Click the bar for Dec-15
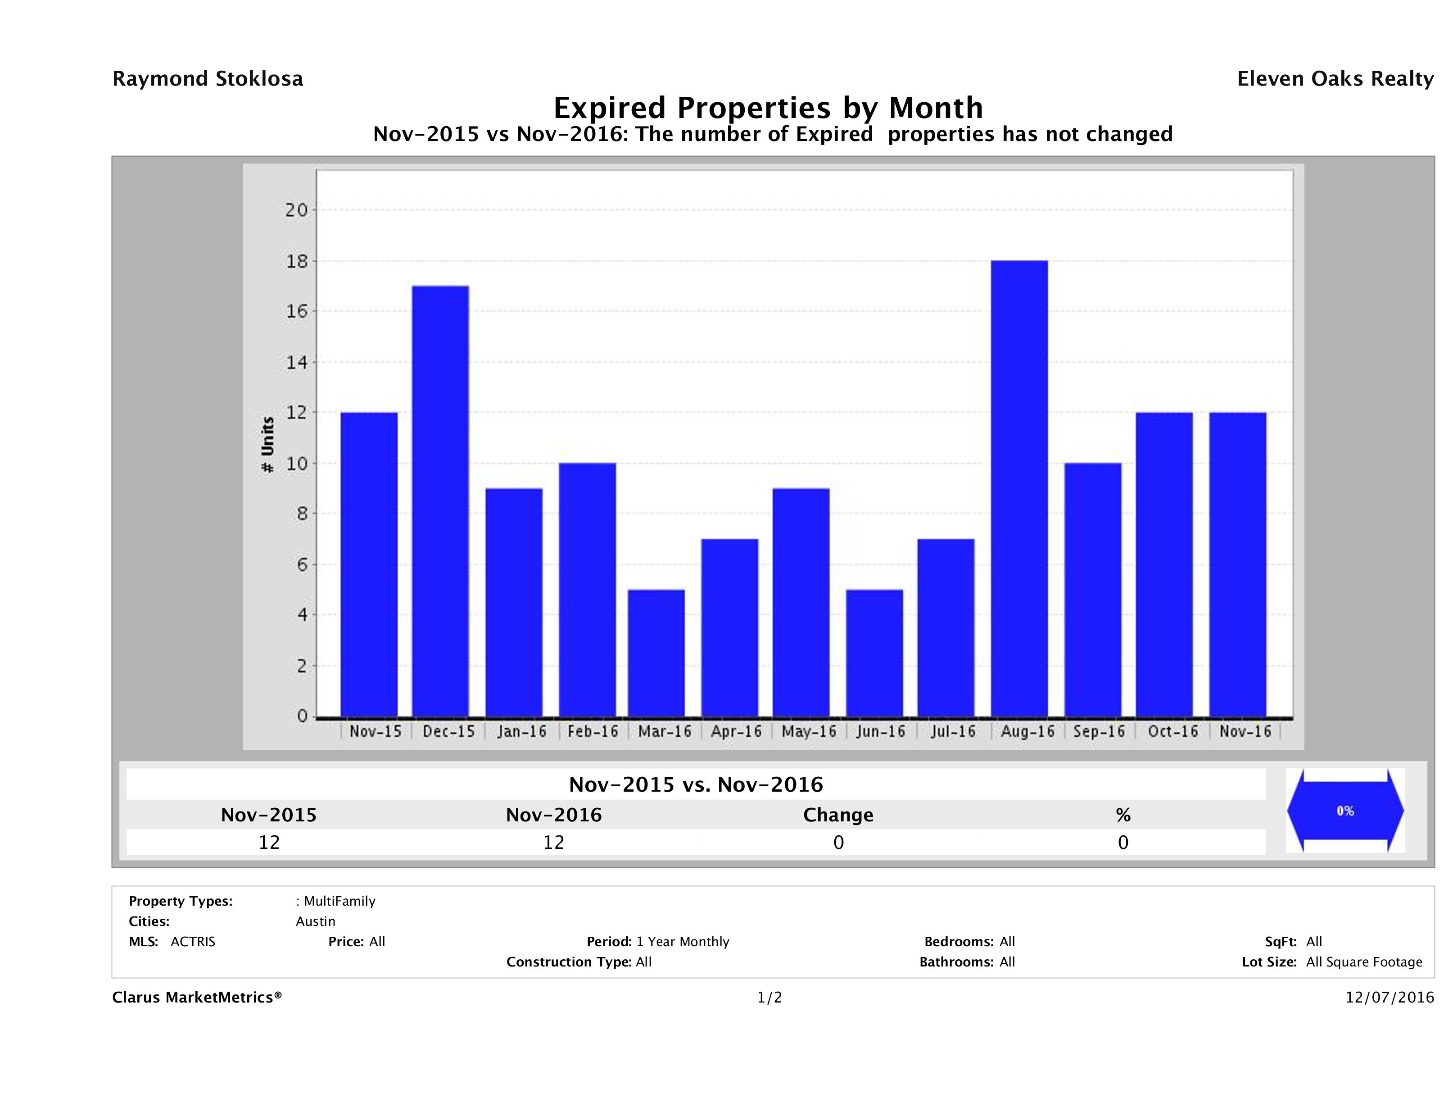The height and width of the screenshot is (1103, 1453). (440, 501)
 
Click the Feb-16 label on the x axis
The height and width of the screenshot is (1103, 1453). (593, 732)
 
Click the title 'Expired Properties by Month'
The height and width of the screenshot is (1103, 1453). (768, 108)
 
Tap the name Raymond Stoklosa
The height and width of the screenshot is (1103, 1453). (208, 79)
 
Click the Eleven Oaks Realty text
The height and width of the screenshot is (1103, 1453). (1335, 79)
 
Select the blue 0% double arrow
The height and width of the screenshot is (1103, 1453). (1344, 811)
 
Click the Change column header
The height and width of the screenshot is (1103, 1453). (838, 815)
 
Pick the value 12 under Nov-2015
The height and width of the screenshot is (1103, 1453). (269, 842)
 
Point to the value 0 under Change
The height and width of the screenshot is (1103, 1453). (838, 842)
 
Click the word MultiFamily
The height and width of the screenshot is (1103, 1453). (339, 901)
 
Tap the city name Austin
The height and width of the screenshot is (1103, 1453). (315, 921)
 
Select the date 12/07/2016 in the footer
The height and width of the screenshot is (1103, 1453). (1389, 998)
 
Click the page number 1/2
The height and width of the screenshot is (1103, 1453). (769, 998)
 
